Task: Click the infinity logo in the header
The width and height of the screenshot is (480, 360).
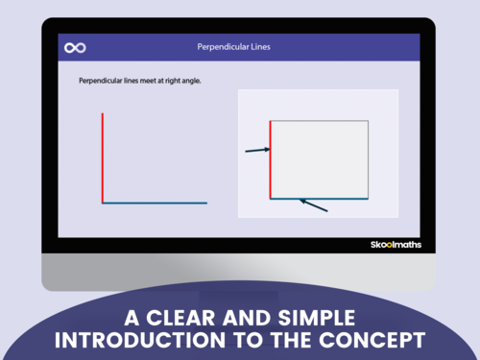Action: [x=75, y=47]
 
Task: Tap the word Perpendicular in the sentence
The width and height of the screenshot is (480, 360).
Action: [x=104, y=82]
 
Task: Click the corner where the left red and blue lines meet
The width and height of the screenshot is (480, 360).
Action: [x=103, y=203]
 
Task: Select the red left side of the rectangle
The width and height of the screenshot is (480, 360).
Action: [x=271, y=158]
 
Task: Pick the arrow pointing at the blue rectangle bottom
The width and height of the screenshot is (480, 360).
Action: [x=315, y=205]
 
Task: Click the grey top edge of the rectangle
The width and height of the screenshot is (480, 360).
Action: [x=320, y=121]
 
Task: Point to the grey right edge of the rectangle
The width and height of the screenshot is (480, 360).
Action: [x=369, y=159]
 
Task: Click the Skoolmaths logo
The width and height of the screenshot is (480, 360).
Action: [x=396, y=245]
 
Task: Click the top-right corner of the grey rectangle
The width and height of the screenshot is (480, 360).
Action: [x=369, y=121]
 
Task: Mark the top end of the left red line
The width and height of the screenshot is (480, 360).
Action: [x=103, y=113]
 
